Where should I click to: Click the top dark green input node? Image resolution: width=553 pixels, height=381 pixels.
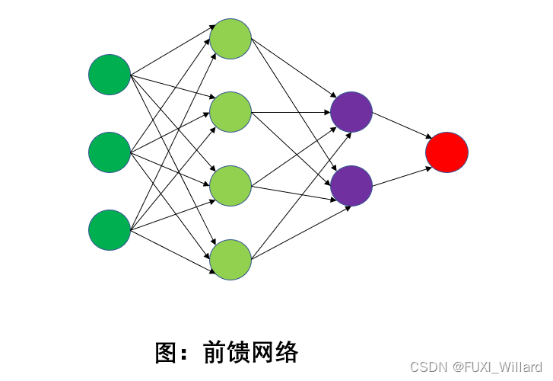(x=110, y=75)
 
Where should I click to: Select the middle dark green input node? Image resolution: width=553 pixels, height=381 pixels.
(x=110, y=152)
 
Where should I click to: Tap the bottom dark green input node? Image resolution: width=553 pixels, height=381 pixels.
(x=110, y=230)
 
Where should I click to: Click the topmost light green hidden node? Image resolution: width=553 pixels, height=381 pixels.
(x=230, y=38)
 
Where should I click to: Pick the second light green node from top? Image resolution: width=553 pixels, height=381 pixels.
(x=230, y=112)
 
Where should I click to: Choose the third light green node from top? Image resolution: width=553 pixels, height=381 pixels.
(x=230, y=186)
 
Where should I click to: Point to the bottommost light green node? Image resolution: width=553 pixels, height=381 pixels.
(x=230, y=260)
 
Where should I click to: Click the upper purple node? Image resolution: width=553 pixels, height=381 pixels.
(x=351, y=112)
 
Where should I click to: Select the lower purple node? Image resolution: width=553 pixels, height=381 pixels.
(x=351, y=186)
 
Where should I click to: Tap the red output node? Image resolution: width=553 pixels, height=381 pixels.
(x=447, y=152)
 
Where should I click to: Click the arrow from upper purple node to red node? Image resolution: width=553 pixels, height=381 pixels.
(x=399, y=126)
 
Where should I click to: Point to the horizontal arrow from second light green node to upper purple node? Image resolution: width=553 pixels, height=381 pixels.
(x=291, y=113)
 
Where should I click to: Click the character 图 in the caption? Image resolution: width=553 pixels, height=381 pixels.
(x=166, y=353)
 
